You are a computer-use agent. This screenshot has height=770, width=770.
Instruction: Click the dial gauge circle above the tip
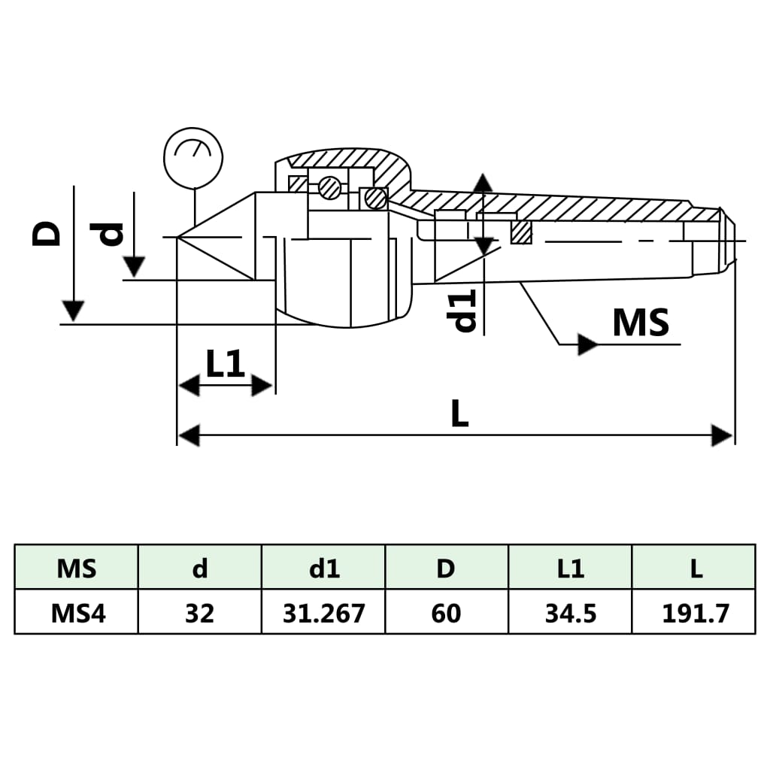click(193, 158)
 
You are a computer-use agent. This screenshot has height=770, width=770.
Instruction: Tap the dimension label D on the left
click(47, 233)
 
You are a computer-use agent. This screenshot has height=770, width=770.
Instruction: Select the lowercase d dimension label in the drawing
click(111, 234)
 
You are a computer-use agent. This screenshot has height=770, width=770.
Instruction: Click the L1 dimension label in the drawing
click(226, 365)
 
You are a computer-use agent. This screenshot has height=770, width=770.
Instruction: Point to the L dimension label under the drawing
click(459, 414)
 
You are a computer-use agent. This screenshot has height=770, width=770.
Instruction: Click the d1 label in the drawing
click(464, 311)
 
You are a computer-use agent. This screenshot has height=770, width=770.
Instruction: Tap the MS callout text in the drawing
click(640, 323)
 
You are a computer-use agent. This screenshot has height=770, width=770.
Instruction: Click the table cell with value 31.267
click(323, 613)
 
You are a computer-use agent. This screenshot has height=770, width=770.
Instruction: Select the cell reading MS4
click(77, 613)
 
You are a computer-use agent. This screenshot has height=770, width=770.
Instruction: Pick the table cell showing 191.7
click(695, 613)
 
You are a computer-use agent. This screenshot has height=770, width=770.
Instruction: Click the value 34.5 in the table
click(571, 613)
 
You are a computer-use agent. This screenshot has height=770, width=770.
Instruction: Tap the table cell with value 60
click(446, 613)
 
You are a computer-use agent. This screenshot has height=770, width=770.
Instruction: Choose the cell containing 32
click(199, 613)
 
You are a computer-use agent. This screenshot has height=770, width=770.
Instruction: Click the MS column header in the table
click(77, 568)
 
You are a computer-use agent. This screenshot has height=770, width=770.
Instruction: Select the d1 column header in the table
click(323, 568)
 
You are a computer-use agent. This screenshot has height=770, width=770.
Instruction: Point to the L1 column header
click(571, 568)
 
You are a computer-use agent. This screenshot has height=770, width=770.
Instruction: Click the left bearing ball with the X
click(329, 188)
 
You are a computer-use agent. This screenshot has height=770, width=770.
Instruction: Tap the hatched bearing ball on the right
click(375, 199)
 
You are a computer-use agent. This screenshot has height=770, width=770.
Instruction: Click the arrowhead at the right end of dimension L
click(723, 435)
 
